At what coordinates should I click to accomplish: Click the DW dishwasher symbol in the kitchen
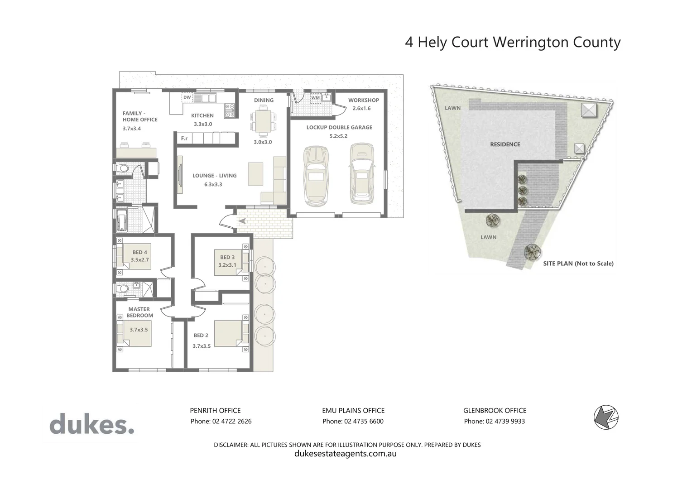click(x=187, y=97)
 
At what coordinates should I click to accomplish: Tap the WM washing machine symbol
click(x=315, y=98)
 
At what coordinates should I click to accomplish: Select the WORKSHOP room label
click(x=363, y=100)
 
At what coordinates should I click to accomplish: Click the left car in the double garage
click(x=315, y=175)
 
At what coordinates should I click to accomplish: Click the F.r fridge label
click(x=184, y=138)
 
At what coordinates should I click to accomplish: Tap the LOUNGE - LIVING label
click(x=214, y=176)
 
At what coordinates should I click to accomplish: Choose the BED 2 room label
click(x=201, y=336)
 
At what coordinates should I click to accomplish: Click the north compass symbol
click(x=606, y=417)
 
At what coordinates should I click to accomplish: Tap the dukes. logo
click(x=91, y=425)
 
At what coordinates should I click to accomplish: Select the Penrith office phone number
click(x=221, y=422)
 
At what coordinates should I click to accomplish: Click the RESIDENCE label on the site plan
click(x=505, y=144)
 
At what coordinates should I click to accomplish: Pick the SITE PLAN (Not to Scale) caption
click(x=578, y=264)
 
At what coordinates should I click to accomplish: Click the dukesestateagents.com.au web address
click(x=346, y=454)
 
